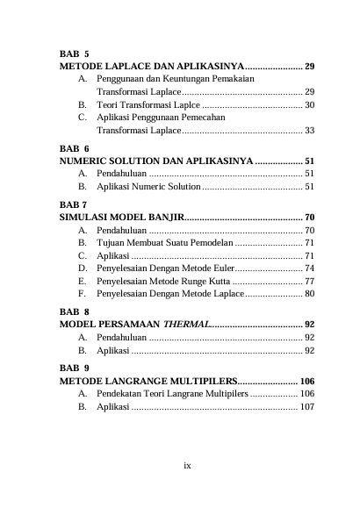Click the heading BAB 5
click(75, 54)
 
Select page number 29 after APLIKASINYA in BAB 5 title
click(310, 67)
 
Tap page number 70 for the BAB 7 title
click(310, 216)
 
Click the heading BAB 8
click(75, 311)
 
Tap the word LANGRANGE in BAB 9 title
click(140, 383)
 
